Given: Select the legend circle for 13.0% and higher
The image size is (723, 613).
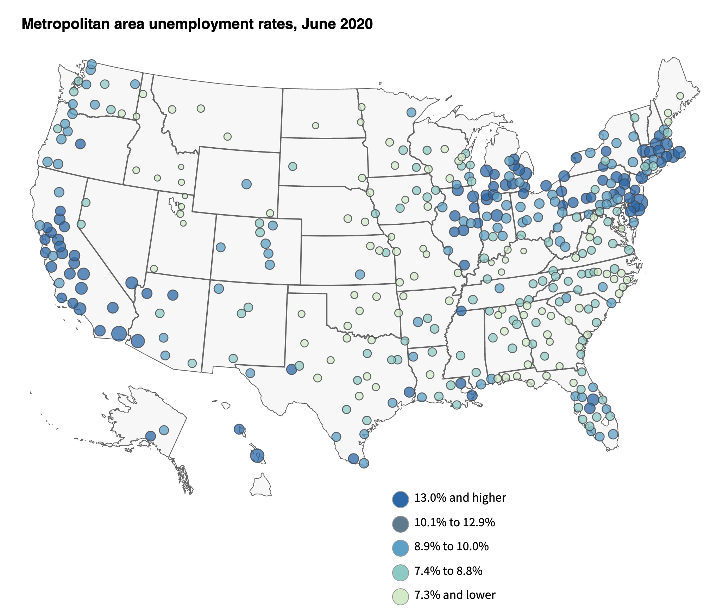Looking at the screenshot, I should point(400,499).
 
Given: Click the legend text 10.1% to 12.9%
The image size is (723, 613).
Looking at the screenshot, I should point(454,522).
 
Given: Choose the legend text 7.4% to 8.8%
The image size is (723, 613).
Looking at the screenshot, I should point(448,571).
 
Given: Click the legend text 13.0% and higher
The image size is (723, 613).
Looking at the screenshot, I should point(460,498).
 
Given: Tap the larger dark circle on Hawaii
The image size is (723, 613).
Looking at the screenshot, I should point(257,455).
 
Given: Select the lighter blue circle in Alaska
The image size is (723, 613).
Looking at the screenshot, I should point(164,430).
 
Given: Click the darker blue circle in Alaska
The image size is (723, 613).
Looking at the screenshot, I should point(151,436).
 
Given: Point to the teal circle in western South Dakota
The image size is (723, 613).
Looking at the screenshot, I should point(293,166).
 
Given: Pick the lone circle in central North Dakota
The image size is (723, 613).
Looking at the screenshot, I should point(315,126).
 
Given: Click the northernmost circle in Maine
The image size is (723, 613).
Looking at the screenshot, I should point(680,96).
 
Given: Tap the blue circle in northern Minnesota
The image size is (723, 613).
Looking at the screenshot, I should point(411,112).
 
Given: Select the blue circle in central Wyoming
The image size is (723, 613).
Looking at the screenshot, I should point(246,184).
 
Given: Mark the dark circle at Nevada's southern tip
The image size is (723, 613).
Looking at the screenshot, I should point(132,283).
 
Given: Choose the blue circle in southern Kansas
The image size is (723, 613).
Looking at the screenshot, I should point(360,274).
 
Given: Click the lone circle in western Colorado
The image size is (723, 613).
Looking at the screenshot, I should point(220,247).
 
